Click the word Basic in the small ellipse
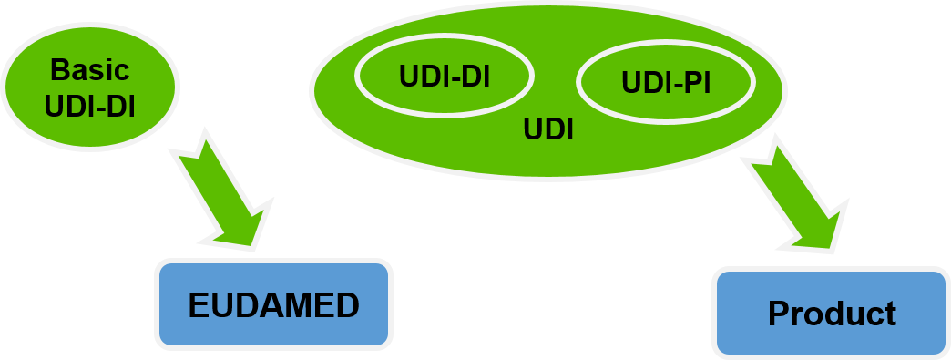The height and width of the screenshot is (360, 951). pos(90,69)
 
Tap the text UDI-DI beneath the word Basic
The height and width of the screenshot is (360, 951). pos(90,106)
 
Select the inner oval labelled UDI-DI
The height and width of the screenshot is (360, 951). pos(445,76)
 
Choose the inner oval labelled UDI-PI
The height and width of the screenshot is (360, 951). pos(666,82)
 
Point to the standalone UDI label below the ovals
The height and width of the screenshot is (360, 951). pos(547,130)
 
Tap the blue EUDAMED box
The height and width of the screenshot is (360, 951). pos(273,305)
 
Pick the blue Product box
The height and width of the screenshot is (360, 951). pos(832,314)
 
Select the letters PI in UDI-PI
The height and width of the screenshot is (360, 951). pos(695,83)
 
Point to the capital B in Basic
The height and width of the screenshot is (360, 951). pos(58,69)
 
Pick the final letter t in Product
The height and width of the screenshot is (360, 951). pos(890,314)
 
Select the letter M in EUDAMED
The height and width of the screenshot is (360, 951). pos(293,306)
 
